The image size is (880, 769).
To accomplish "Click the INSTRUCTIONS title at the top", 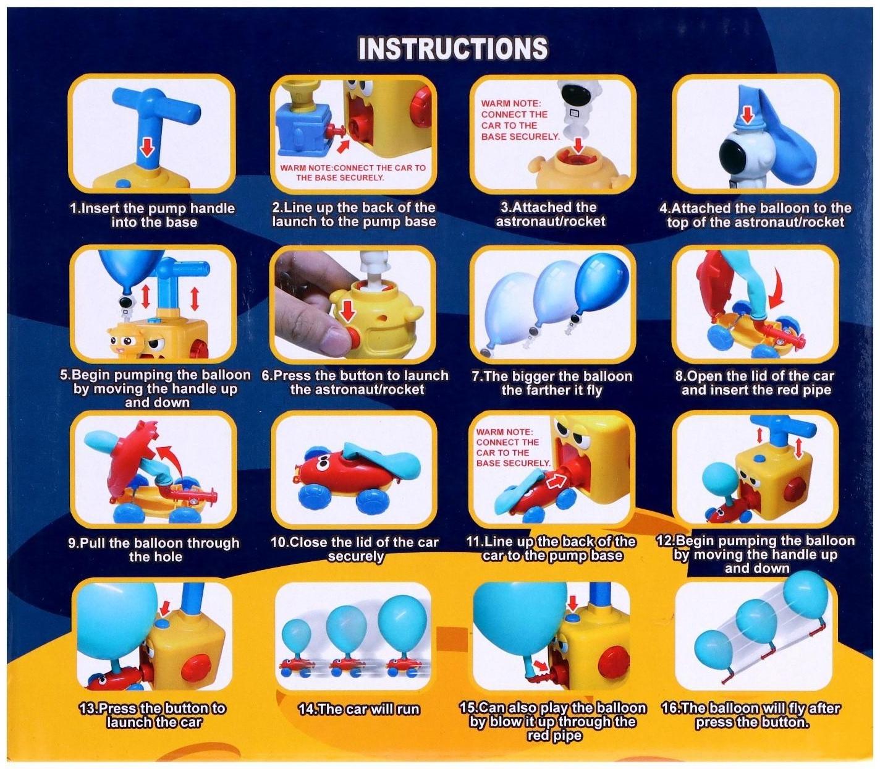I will [453, 49].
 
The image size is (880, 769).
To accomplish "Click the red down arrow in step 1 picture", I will [146, 147].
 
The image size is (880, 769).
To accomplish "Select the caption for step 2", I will [354, 215].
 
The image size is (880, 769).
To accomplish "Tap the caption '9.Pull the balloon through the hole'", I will [154, 550].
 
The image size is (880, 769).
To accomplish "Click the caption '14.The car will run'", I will [358, 709].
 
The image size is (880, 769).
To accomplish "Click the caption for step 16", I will [751, 715].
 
